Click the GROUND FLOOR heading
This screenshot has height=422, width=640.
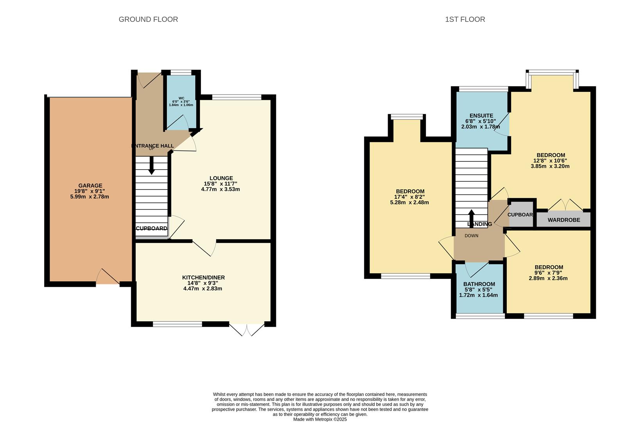pos(148,19)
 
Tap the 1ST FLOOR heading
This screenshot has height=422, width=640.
pos(465,19)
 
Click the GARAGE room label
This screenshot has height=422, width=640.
pos(90,186)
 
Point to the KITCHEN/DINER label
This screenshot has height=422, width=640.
pos(203,277)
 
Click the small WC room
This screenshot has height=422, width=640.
pos(181,102)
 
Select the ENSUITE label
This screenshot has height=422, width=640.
pos(481,116)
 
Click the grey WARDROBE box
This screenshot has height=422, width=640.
pos(563,220)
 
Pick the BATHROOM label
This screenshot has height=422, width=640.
pos(479,284)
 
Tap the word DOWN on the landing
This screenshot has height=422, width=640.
pos(471,236)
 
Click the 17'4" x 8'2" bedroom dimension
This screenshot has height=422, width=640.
pos(409,197)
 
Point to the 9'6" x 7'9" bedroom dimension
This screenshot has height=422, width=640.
pos(549,273)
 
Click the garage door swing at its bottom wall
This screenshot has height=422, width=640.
pos(108,277)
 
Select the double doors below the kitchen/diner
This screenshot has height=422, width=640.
pos(247,329)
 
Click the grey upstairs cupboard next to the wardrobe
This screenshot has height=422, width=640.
pos(521,215)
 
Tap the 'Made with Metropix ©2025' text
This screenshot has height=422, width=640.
pos(320,419)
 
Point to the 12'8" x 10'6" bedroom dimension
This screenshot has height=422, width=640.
pos(550,161)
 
